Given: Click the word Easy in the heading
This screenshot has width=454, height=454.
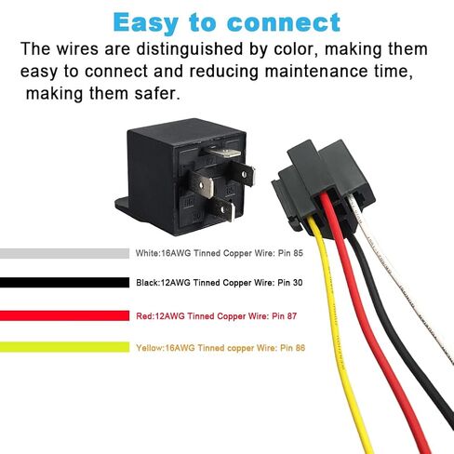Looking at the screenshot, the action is (146, 23).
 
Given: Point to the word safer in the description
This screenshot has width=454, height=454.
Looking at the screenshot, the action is (157, 94).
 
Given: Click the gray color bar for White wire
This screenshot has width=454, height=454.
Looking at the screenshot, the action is (64, 253).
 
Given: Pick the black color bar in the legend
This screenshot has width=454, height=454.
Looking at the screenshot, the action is (64, 283).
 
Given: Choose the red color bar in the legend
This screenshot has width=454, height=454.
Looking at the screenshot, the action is (64, 315).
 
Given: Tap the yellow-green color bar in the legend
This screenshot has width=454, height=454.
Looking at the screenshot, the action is (64, 347).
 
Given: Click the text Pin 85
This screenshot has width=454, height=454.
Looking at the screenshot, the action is (290, 253).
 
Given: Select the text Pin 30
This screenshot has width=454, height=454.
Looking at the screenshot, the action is (289, 283).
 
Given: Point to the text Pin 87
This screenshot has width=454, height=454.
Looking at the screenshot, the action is (284, 316).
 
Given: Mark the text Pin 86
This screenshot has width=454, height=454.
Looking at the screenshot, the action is (292, 348).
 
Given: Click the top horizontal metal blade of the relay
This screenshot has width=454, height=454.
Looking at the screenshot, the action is (224, 153).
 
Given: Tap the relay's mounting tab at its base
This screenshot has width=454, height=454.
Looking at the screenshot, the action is (122, 204).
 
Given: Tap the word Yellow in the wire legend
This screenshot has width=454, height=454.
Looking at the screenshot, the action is (150, 348).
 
